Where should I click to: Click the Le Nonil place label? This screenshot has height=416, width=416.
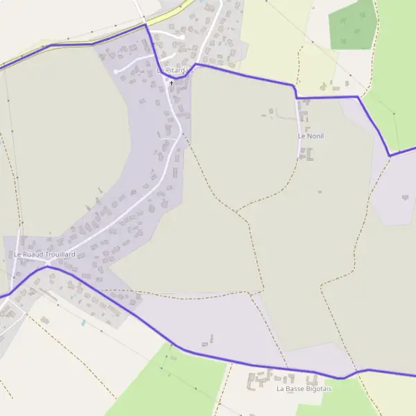point(311,136)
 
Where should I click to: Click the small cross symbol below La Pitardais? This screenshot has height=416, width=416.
point(171,83)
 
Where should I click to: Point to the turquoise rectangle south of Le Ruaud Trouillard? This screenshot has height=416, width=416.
point(83,323)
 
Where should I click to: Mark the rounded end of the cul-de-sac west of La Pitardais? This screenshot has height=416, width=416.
point(116,71)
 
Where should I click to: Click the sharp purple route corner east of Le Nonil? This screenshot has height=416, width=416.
point(390,155)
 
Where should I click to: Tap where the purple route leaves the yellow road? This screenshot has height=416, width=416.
point(146,24)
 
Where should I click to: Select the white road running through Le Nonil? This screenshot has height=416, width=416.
point(301,125)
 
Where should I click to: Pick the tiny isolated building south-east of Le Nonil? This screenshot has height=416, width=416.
point(320,191)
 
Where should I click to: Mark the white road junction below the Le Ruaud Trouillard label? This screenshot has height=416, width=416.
point(48,264)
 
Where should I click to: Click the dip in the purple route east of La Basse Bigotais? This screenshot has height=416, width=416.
point(341,378)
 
